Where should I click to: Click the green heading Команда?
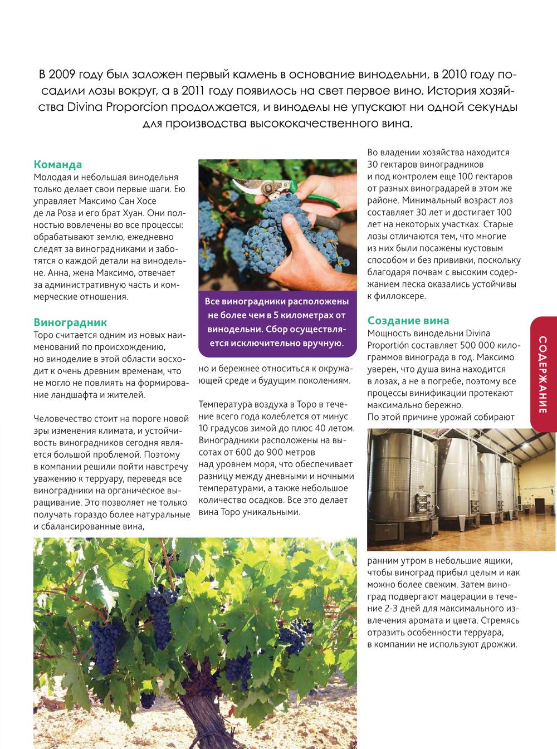[x=57, y=164]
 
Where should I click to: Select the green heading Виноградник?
[x=70, y=322]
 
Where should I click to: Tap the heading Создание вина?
[x=408, y=321]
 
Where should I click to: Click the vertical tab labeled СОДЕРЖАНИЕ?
[x=544, y=374]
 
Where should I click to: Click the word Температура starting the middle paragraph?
[x=225, y=404]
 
